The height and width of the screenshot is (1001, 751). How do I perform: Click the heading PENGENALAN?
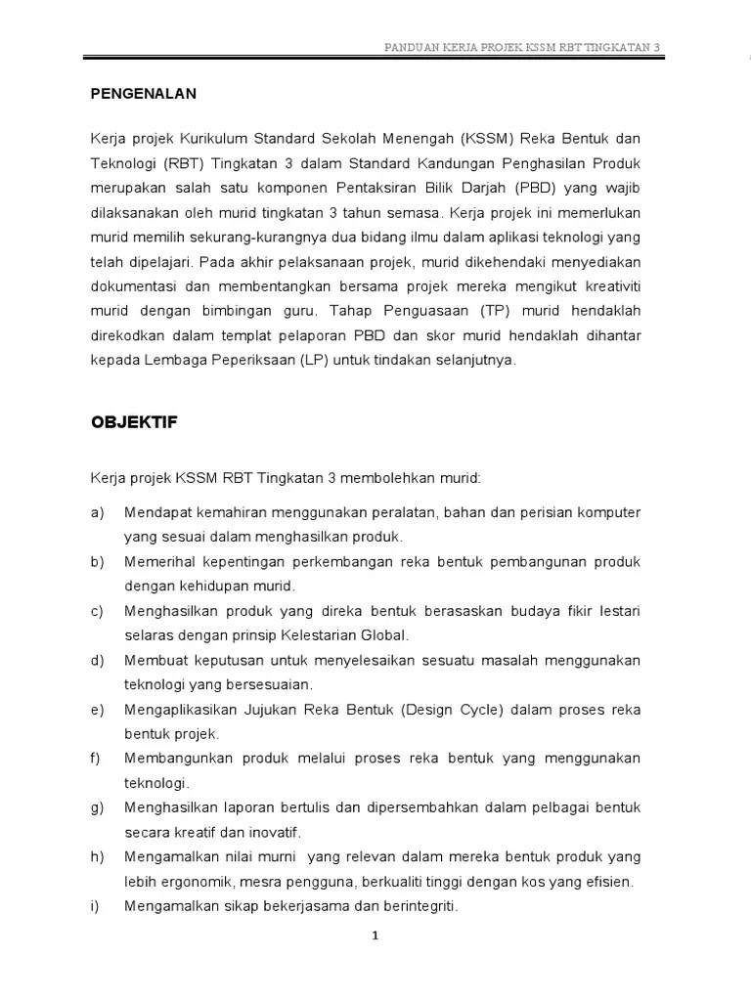[144, 94]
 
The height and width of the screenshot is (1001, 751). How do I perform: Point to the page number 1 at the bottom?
[375, 936]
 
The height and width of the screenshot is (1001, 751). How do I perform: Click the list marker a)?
[98, 512]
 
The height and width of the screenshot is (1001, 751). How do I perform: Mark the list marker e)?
[98, 709]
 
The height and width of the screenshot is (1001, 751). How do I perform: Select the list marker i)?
[96, 906]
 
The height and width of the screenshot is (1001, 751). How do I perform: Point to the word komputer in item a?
[608, 512]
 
